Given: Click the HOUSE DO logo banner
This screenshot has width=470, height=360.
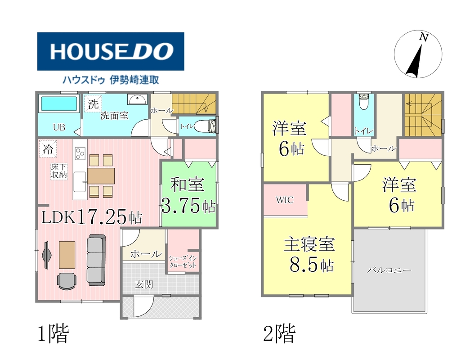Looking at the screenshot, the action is pos(111,51).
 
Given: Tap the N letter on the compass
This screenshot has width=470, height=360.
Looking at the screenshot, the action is pos(423,37).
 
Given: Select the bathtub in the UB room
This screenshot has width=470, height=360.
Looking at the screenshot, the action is pos(59,103).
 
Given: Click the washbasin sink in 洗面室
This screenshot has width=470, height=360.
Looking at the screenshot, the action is pos(137,99).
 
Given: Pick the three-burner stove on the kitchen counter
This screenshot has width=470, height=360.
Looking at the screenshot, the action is pos(80,153).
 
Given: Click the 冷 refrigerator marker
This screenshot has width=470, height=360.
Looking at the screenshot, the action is pos(48,149).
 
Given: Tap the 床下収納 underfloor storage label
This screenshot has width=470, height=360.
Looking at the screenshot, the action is pos(59,171).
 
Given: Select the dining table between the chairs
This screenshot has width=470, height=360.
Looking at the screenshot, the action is pos(101,176).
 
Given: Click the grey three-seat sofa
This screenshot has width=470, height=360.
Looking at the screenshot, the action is pos(96,260).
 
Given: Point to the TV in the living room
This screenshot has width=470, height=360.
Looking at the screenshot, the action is pos(46,255).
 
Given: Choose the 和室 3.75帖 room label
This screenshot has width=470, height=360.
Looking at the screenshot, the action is pos(188,195).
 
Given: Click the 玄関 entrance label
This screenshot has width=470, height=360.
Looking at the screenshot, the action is pos(144,284).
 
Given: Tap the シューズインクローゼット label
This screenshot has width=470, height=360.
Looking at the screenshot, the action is pos(183,261).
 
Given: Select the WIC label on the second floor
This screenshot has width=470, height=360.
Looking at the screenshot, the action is pos(285,200).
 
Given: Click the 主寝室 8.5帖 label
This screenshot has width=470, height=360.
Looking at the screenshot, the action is pos(309,254).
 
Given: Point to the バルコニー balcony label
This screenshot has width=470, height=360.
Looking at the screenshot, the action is pos(389,270).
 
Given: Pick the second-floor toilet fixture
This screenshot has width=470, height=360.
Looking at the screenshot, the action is pos(364,101).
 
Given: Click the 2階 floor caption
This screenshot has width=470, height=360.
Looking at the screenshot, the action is pos(279,333).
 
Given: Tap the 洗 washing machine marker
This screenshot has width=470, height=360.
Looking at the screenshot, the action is pos(93,104).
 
